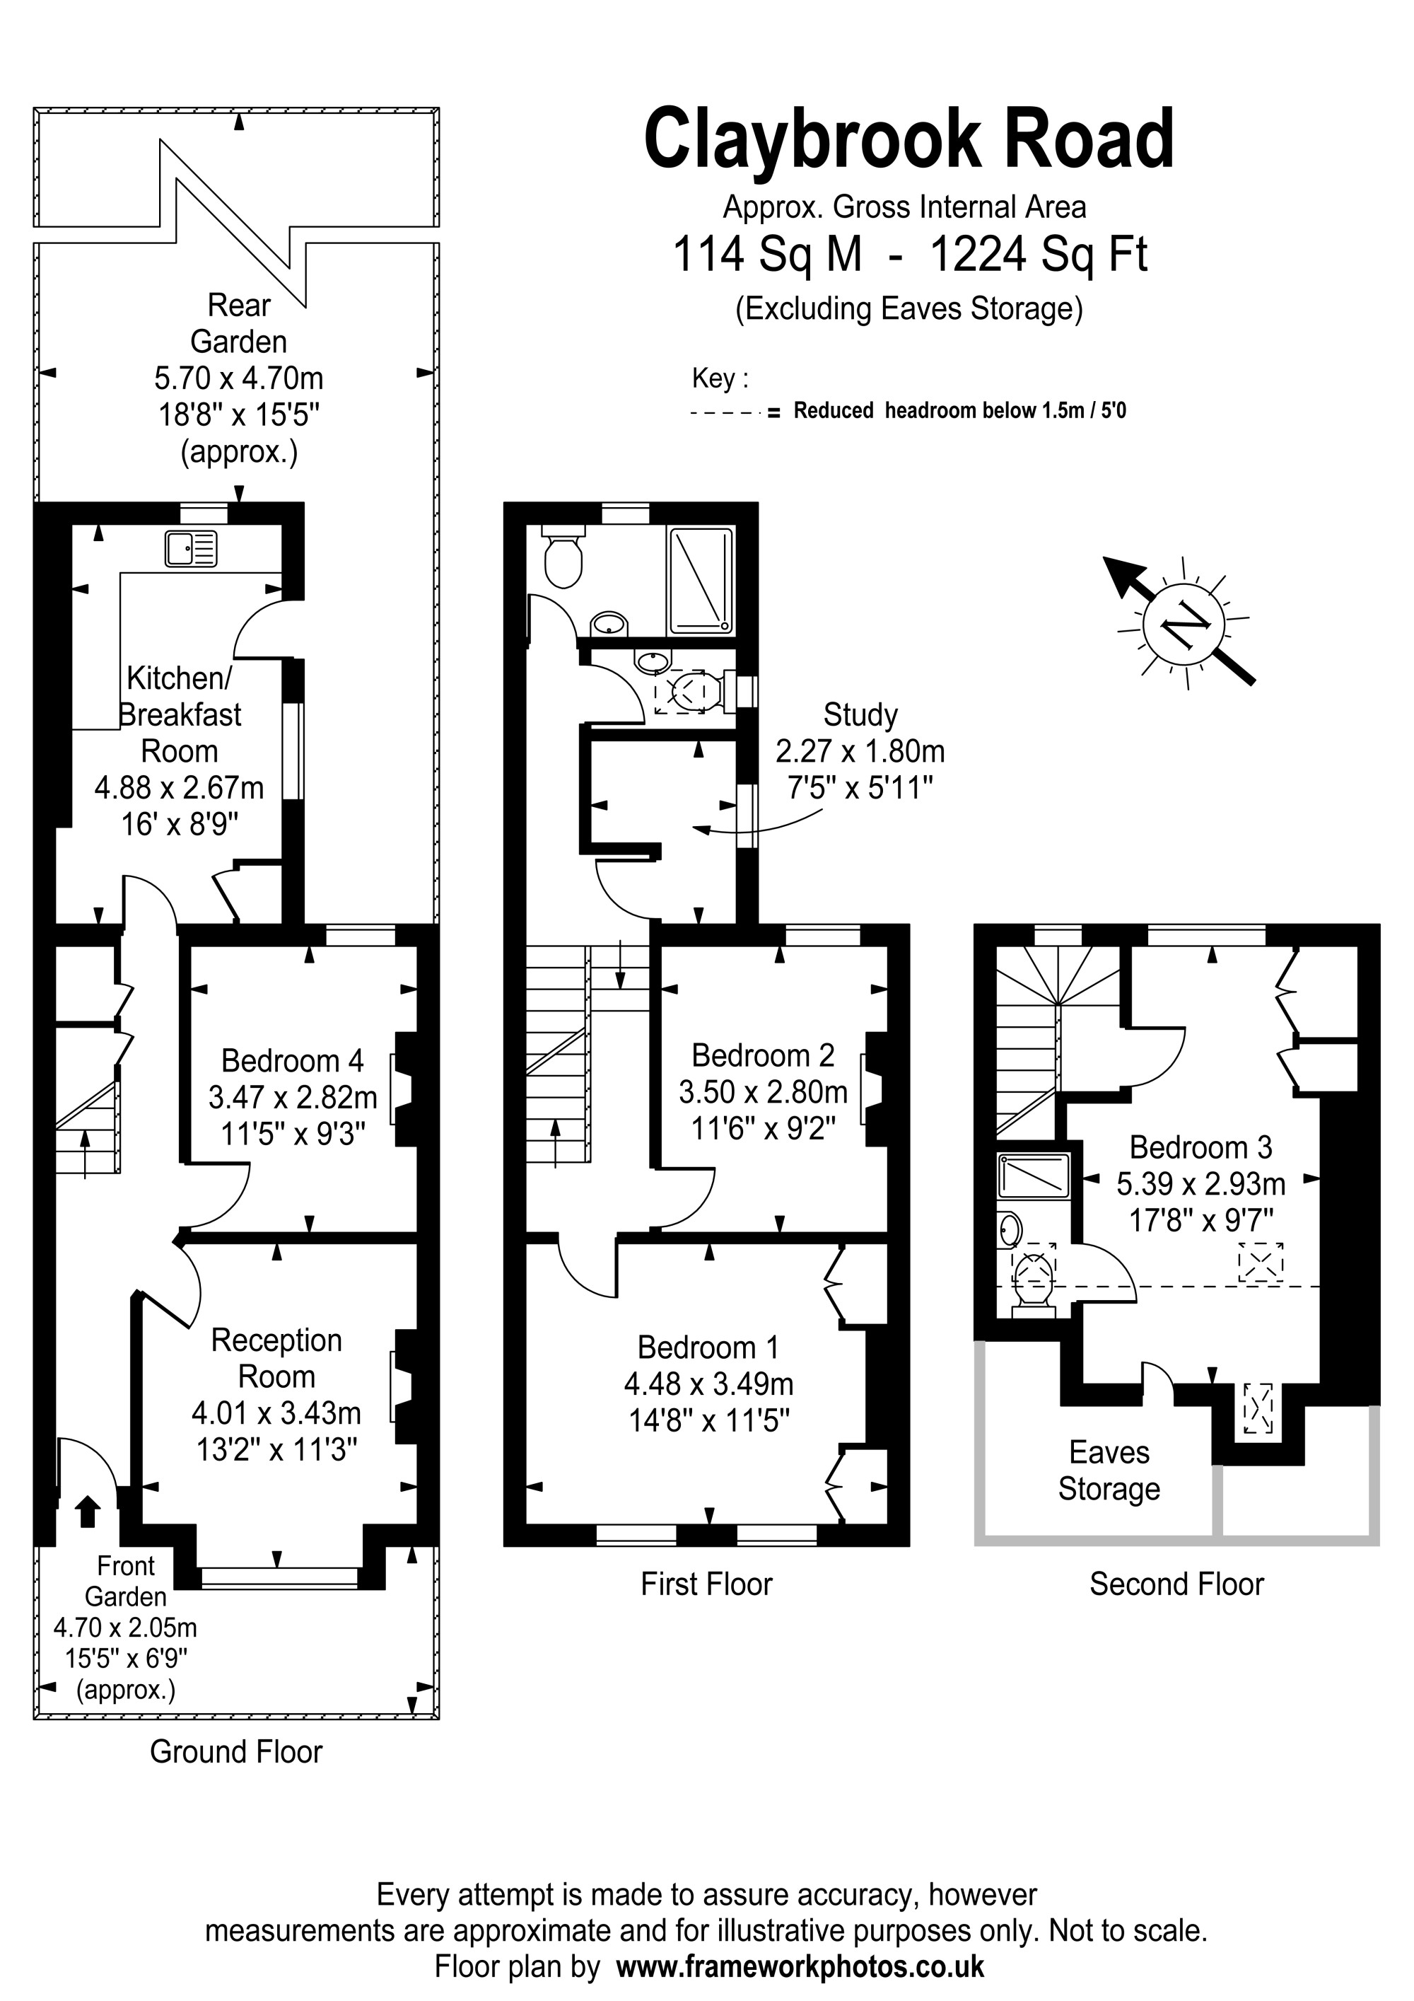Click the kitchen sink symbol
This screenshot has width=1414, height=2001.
coord(191,549)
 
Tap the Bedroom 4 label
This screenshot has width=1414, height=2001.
coord(292,1061)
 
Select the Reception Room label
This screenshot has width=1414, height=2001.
coord(276,1359)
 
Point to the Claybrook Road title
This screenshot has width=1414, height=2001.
coord(908,139)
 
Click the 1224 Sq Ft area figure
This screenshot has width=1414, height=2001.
coord(1039,255)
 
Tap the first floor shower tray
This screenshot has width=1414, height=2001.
coord(700,579)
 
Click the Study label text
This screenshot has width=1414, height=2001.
coord(860,714)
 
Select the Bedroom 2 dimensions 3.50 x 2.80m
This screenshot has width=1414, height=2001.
coord(763,1092)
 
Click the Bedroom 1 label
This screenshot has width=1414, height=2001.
coord(708,1347)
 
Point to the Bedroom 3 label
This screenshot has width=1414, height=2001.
coord(1200,1148)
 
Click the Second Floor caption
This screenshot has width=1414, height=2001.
coord(1176,1584)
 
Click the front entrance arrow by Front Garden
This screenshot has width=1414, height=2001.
coord(86,1512)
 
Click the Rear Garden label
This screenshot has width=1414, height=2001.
coord(239,323)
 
